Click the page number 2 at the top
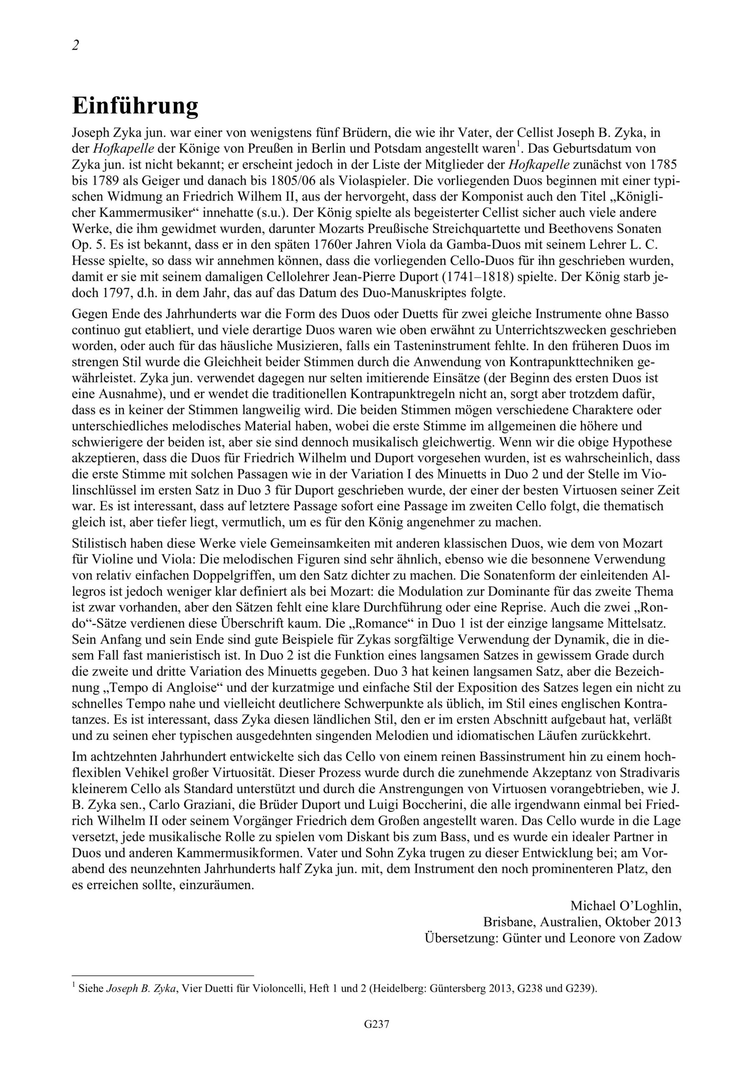76,45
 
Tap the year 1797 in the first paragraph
113,293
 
